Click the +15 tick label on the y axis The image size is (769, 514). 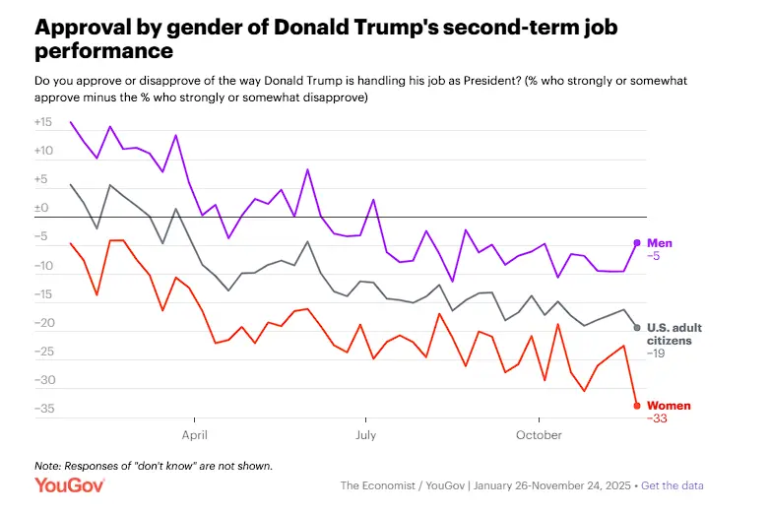tap(42, 123)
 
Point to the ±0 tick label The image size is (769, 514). tap(41, 209)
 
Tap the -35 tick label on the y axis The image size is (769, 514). tap(43, 409)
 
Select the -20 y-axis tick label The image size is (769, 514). tap(43, 323)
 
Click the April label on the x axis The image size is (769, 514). tap(194, 434)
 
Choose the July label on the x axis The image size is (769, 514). tap(365, 434)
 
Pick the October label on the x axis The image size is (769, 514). tap(539, 434)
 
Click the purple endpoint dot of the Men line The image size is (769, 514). tap(637, 242)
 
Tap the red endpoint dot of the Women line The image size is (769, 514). tap(637, 406)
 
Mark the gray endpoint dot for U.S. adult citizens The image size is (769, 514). tap(637, 327)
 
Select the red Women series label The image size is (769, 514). tap(669, 406)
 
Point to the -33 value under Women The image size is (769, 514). tap(657, 418)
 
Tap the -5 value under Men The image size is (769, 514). tap(654, 255)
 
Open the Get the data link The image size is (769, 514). tap(675, 485)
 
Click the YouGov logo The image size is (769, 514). tap(65, 484)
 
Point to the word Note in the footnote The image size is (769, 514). tap(46, 465)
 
